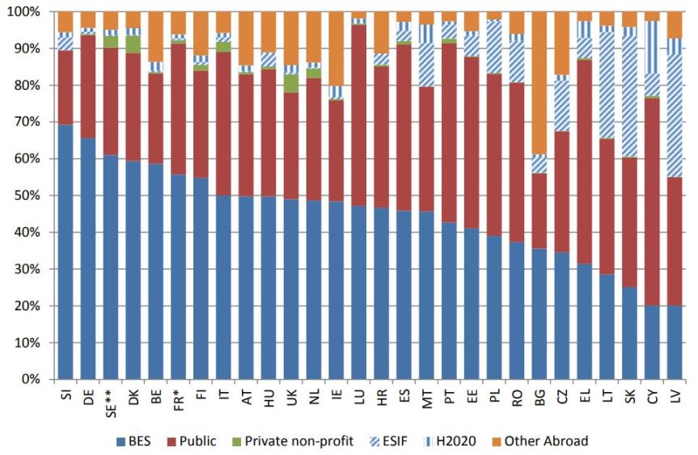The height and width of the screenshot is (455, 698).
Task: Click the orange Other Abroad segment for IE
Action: pyautogui.click(x=336, y=48)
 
